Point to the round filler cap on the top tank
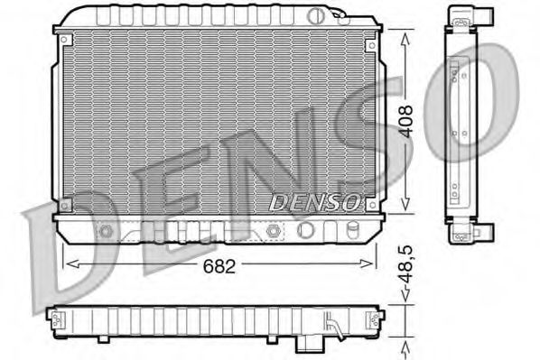coord(315,15)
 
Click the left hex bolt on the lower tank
coord(107,230)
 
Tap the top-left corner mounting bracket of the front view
coord(64,41)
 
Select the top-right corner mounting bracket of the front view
coord(370,41)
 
